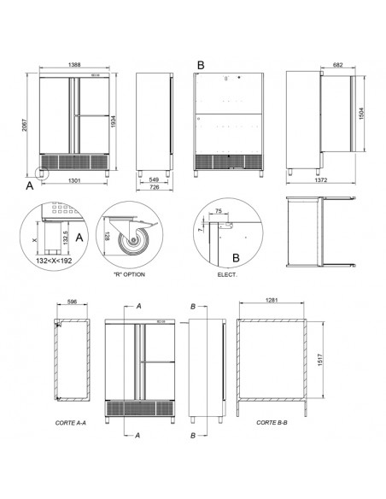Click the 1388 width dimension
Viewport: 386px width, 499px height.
pos(74,65)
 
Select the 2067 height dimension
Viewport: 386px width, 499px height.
pos(28,126)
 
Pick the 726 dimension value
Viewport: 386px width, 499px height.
pos(155,190)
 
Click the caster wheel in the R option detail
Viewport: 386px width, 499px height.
pos(134,244)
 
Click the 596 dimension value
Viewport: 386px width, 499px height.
pos(73,302)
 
